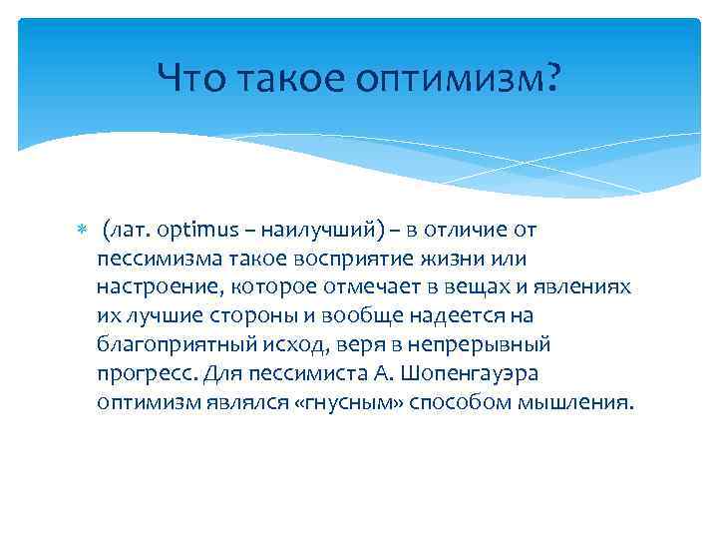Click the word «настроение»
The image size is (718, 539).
pyautogui.click(x=157, y=287)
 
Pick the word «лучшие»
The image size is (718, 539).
pyautogui.click(x=161, y=316)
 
